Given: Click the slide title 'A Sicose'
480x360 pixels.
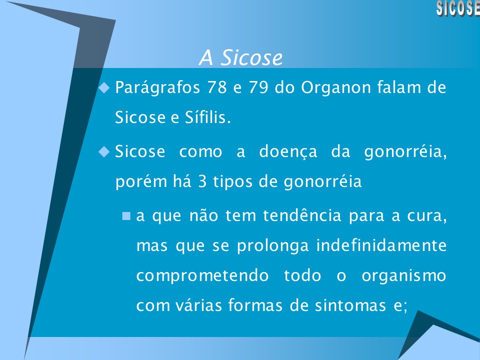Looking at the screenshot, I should click(240, 58).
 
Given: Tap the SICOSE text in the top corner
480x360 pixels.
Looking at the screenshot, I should click(457, 8).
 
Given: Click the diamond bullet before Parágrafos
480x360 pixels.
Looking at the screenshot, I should click(104, 87).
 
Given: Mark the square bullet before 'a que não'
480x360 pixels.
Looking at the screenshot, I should click(126, 216).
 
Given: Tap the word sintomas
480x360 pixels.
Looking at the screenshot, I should click(347, 305).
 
